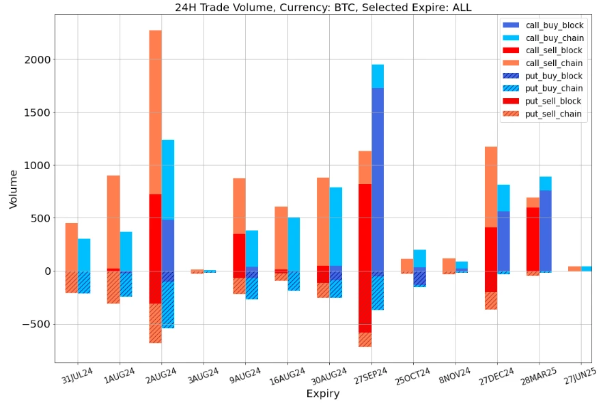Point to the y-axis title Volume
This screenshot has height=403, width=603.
pos(14,190)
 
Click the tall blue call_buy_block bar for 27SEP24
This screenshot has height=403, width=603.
pos(377,177)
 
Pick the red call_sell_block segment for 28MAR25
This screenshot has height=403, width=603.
pos(533,239)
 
